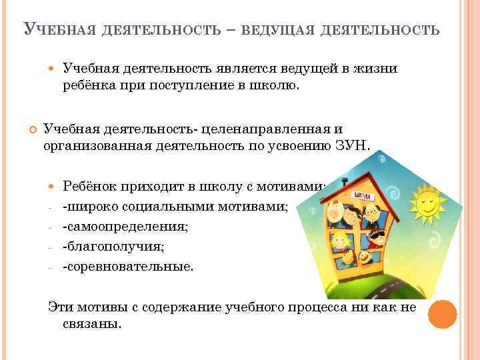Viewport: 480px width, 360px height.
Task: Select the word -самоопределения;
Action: (125, 227)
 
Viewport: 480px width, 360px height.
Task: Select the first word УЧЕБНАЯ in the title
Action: (59, 31)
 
